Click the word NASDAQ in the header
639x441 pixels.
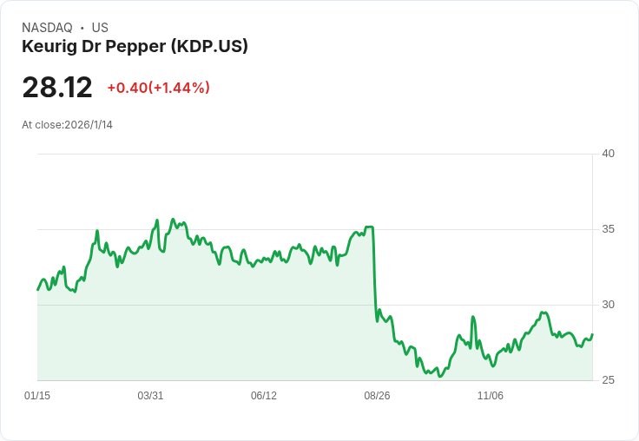pos(47,28)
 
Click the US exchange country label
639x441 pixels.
pos(100,28)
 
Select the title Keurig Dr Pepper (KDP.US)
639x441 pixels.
pos(135,46)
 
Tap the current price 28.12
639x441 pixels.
pos(57,88)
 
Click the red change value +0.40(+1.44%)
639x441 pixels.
pos(158,88)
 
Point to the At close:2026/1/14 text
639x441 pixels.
pos(67,124)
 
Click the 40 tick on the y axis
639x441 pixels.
pos(608,154)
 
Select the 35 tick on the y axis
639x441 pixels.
pos(608,229)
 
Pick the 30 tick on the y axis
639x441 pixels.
pos(608,305)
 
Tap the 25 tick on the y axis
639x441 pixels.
pos(608,380)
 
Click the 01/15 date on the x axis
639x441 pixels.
pos(37,396)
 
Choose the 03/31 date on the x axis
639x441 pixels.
pos(150,396)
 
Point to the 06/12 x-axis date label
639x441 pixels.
pos(264,396)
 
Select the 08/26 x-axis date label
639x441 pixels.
pos(377,396)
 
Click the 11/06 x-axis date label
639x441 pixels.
pos(491,396)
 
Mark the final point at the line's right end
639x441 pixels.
pos(592,334)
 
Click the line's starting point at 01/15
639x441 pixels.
pos(38,289)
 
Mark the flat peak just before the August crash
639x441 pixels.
pos(369,227)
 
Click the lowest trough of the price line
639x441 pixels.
pos(441,377)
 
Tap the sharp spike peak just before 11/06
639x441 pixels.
pos(473,317)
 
